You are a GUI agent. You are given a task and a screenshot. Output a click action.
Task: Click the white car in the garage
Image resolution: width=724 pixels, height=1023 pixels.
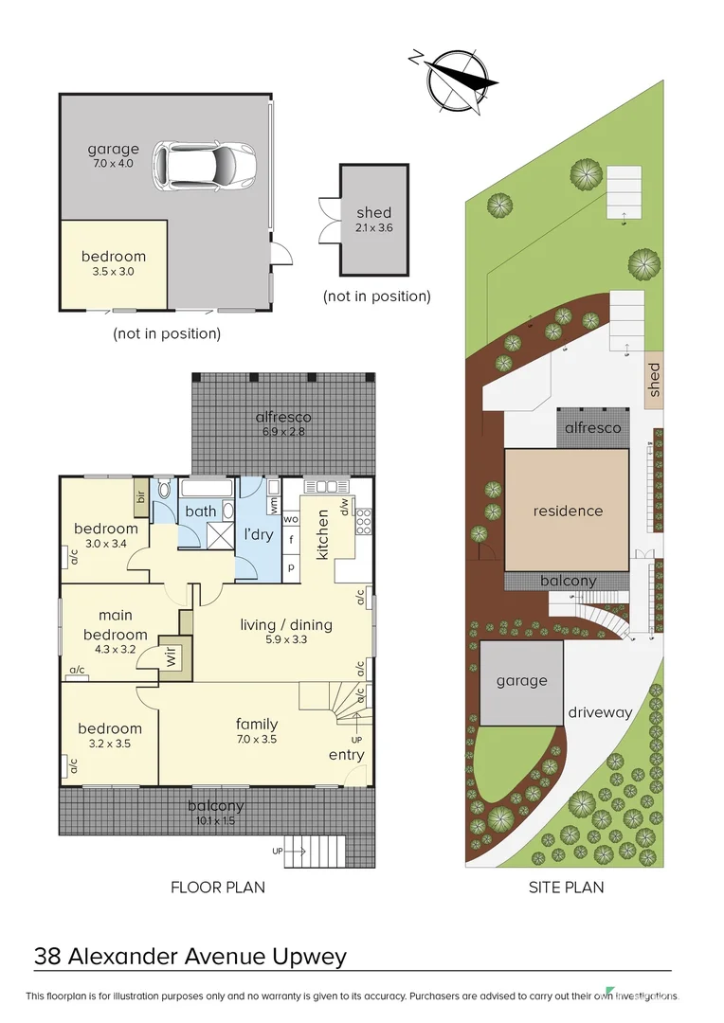click(204, 164)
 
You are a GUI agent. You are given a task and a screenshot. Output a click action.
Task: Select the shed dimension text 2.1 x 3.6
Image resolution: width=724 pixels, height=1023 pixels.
click(373, 227)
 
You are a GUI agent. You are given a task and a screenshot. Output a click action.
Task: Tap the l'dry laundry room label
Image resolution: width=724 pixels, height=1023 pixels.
click(259, 535)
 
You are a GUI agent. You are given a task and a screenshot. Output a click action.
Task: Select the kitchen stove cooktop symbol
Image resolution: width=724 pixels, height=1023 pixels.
click(362, 520)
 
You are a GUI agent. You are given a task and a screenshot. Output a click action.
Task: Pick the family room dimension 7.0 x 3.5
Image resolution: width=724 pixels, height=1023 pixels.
click(256, 739)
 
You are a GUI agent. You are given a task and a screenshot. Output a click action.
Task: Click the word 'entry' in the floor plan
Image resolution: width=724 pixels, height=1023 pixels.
click(346, 755)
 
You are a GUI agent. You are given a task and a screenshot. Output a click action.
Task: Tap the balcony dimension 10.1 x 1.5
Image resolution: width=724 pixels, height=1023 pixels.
click(220, 821)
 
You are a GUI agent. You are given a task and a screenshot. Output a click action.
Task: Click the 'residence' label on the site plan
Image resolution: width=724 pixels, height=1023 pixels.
click(568, 511)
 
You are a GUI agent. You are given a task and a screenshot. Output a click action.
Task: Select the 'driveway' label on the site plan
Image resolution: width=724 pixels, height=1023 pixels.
click(600, 712)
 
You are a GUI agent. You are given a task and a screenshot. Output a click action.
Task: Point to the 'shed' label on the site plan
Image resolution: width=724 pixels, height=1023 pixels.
click(654, 380)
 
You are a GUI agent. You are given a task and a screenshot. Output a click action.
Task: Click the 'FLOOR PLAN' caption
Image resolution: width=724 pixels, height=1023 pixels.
click(217, 888)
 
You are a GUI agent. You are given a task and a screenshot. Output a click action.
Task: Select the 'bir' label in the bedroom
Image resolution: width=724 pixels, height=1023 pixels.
click(139, 495)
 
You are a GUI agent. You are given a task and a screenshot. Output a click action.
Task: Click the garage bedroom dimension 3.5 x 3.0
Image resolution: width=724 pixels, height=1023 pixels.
click(113, 271)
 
